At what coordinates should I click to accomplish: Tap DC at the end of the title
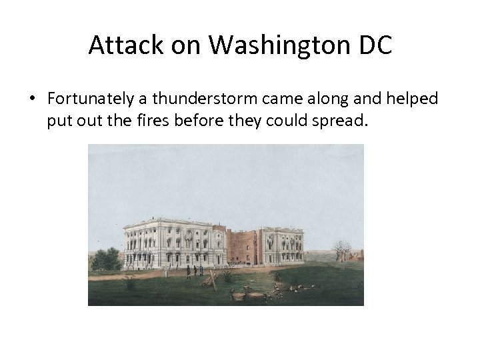tap(375, 45)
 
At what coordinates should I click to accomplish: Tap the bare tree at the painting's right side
tap(343, 251)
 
